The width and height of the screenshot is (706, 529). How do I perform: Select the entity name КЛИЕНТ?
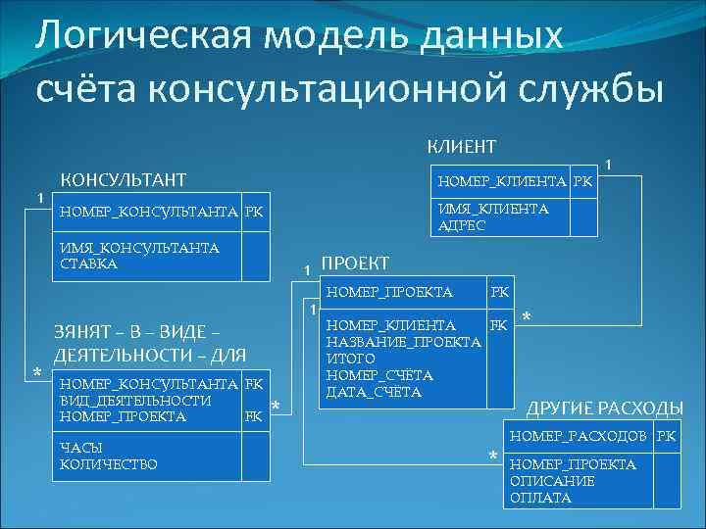(x=461, y=146)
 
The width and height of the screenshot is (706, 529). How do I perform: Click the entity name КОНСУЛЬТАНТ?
(x=124, y=179)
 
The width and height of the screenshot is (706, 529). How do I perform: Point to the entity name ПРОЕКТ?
(x=355, y=264)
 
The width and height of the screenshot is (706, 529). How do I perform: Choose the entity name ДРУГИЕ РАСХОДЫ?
(x=606, y=408)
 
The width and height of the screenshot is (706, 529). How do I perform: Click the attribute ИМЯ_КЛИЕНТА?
(x=493, y=209)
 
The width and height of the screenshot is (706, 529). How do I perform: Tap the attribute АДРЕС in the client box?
(x=461, y=224)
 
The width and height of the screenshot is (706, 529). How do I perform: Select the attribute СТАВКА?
(x=89, y=264)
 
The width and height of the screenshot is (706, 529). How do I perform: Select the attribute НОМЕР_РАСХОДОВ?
(x=578, y=435)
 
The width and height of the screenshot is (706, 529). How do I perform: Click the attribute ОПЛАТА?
(x=541, y=497)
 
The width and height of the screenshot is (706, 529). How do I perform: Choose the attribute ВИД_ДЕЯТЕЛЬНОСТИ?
(x=135, y=400)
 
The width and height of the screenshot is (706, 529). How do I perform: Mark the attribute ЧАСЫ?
(x=81, y=447)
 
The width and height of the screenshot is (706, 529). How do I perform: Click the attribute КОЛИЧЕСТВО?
(x=108, y=463)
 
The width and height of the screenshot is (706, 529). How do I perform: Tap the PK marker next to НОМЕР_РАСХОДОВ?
(x=666, y=435)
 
